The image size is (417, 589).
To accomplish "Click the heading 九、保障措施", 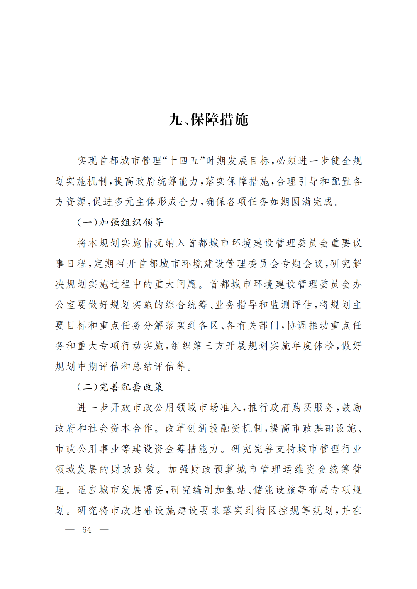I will click(208, 120).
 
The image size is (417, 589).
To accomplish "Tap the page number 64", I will click(87, 530).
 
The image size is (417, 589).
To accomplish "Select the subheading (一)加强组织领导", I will click(120, 222).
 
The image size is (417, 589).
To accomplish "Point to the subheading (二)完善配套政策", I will click(120, 387).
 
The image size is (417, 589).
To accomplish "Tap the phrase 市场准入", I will click(225, 408).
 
